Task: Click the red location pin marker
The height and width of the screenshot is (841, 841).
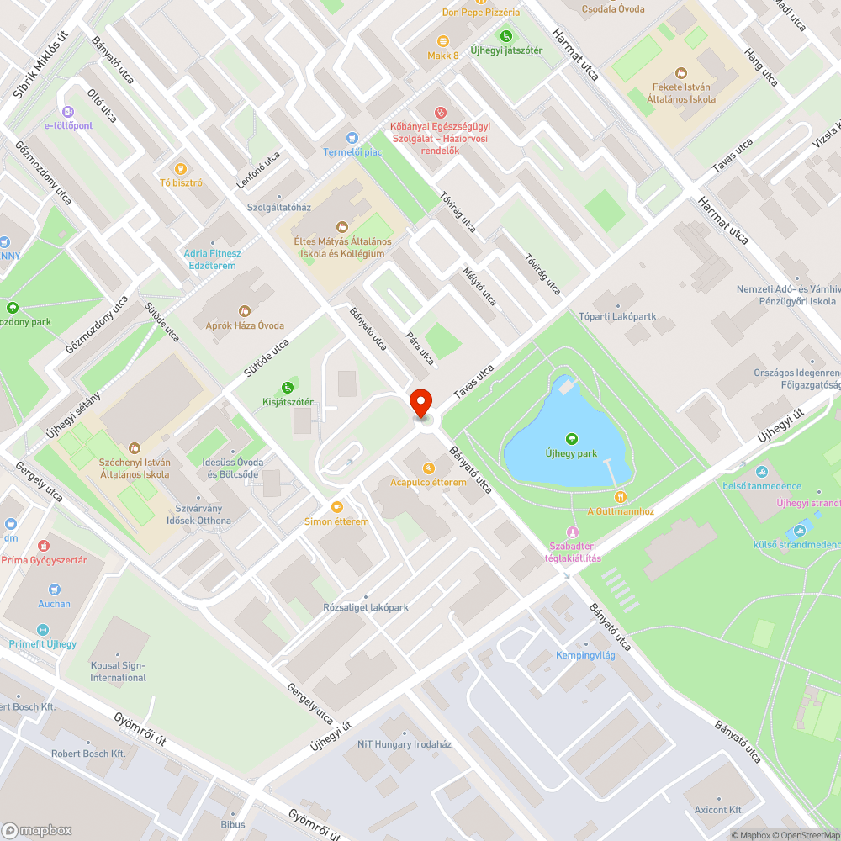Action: pyautogui.click(x=420, y=402)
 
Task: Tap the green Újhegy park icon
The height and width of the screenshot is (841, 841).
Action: pyautogui.click(x=572, y=438)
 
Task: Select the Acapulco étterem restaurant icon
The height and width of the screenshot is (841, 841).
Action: pyautogui.click(x=428, y=468)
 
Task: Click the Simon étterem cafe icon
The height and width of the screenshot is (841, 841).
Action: pyautogui.click(x=336, y=506)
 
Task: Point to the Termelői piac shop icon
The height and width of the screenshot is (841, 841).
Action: pyautogui.click(x=352, y=137)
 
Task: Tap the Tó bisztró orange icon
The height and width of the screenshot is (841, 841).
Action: pyautogui.click(x=179, y=168)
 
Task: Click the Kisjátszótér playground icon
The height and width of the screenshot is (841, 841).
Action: pyautogui.click(x=288, y=387)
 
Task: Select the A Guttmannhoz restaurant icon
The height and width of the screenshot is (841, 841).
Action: pyautogui.click(x=621, y=496)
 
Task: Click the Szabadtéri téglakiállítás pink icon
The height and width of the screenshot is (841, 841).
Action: pyautogui.click(x=573, y=532)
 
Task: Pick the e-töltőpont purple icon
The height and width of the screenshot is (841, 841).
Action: pyautogui.click(x=68, y=111)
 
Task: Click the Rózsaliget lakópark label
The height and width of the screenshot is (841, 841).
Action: pyautogui.click(x=366, y=607)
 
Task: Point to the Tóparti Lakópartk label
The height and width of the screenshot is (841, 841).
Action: pyautogui.click(x=617, y=317)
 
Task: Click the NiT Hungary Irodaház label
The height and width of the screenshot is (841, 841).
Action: pyautogui.click(x=404, y=744)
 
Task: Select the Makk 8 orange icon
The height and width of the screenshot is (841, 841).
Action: pyautogui.click(x=442, y=40)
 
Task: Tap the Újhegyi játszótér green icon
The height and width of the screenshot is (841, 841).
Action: pyautogui.click(x=505, y=35)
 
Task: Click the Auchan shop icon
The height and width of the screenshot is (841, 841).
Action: pyautogui.click(x=54, y=589)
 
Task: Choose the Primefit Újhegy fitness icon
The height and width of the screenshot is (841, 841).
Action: pyautogui.click(x=42, y=629)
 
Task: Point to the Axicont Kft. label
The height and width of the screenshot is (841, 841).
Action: pyautogui.click(x=719, y=810)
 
